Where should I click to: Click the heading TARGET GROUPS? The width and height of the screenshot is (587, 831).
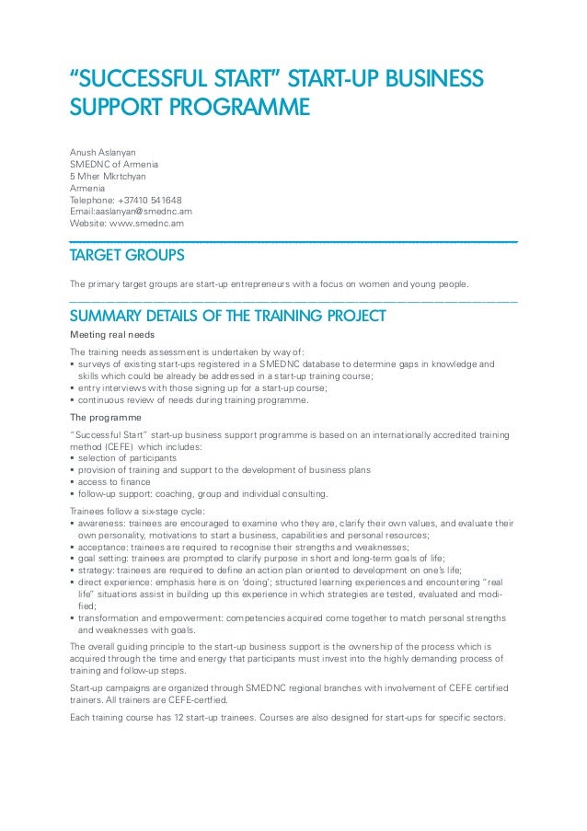127,255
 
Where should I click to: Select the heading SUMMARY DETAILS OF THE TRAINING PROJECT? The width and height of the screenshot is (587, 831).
227,317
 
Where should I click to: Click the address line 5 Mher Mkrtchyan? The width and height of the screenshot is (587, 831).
108,176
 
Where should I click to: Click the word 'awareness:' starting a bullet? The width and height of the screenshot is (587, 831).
104,523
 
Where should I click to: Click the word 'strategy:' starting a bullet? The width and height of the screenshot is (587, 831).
98,570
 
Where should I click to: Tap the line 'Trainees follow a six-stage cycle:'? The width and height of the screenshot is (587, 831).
137,510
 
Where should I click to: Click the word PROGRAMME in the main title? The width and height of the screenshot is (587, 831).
236,109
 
